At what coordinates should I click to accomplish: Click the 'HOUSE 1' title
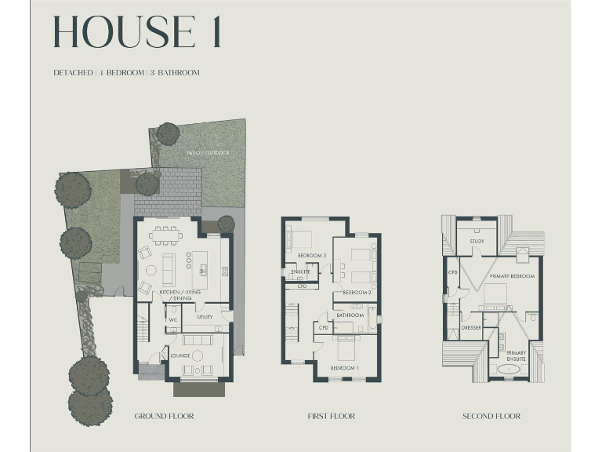pos(137,32)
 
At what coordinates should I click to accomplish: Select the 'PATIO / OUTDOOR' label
pos(208,152)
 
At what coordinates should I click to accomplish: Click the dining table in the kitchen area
pos(165,233)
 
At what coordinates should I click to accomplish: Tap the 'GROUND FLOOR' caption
pos(164,416)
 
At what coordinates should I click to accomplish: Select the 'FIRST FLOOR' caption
pos(331,416)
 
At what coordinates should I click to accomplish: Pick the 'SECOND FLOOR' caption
pos(491,416)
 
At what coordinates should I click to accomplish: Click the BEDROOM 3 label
pos(312,256)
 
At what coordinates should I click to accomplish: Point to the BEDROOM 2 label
pos(357,292)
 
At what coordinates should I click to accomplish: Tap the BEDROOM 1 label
pos(344,368)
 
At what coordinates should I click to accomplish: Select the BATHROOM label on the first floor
pos(350,315)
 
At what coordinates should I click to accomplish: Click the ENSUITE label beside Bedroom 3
pos(300,272)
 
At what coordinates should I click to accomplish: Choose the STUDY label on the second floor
pos(477,242)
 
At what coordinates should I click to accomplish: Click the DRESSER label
pos(471,327)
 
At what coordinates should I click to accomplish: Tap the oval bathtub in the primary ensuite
pos(502,369)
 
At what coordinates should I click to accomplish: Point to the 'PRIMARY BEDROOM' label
pos(512,277)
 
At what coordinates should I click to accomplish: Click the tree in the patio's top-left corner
pos(168,133)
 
